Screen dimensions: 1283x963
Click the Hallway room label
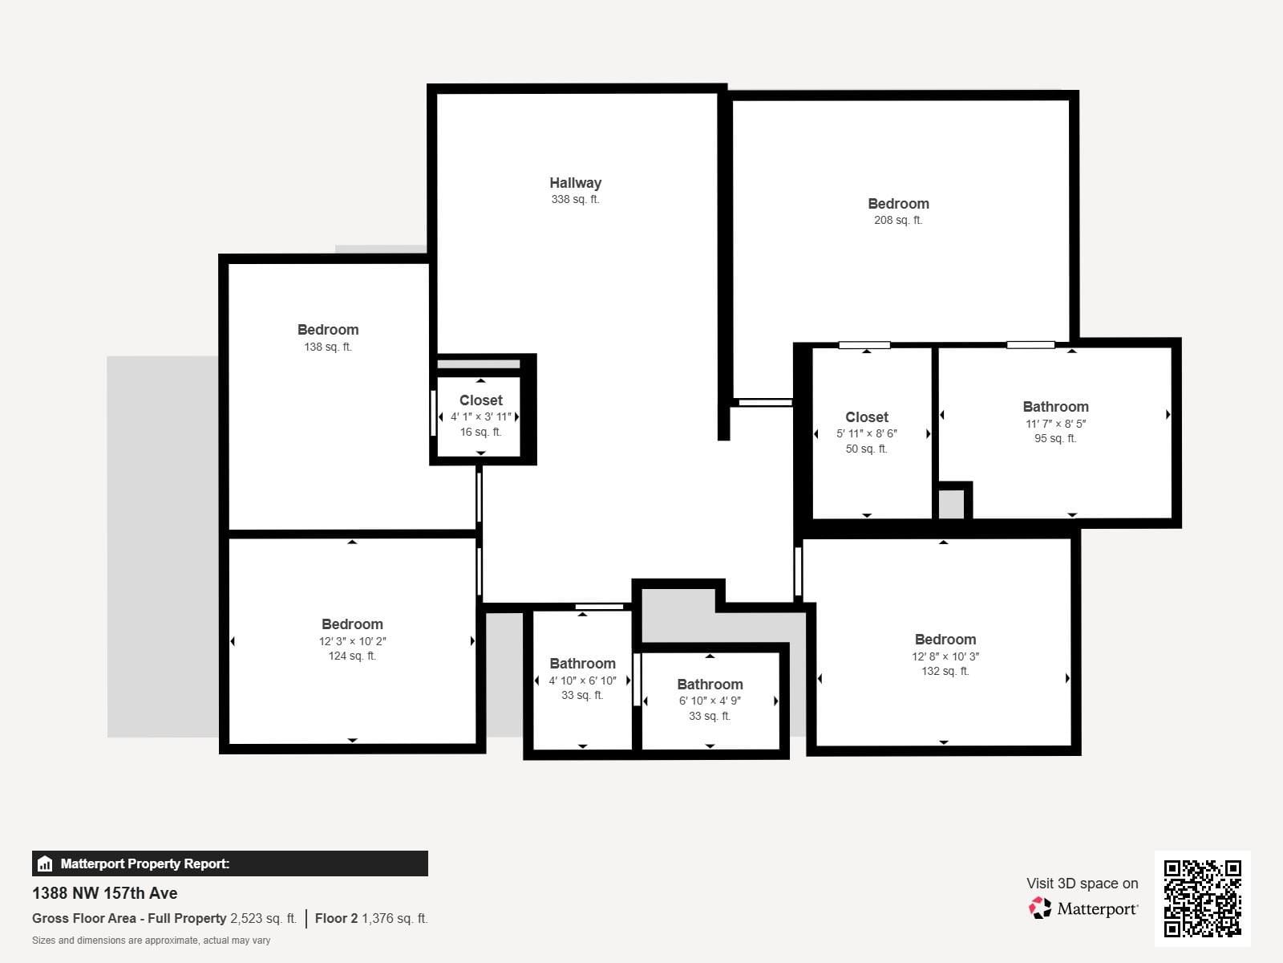(575, 183)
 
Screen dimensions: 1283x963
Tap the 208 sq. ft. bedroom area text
(898, 221)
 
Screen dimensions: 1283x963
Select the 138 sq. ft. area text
(327, 347)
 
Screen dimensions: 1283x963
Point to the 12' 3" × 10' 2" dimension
(353, 641)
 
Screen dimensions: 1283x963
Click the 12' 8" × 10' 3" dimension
(945, 656)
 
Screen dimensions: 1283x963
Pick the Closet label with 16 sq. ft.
(480, 400)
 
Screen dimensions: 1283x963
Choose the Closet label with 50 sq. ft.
(866, 417)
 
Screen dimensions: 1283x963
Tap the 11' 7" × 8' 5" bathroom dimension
(1055, 424)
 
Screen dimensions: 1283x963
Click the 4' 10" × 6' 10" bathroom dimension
(582, 681)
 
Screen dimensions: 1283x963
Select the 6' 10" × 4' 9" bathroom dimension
(710, 701)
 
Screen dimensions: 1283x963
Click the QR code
(1202, 898)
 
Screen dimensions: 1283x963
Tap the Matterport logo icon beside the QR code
(1040, 908)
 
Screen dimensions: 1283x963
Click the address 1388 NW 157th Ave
(104, 893)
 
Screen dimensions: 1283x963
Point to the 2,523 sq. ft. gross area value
(263, 918)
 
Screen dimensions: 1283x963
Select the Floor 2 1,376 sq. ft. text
(371, 918)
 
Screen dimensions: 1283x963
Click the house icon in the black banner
(45, 863)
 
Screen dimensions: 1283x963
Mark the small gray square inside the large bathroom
(951, 504)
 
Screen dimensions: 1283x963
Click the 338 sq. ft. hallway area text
(575, 199)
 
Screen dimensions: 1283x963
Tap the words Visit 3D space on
(1082, 884)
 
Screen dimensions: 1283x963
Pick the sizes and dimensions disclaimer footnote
(151, 941)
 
